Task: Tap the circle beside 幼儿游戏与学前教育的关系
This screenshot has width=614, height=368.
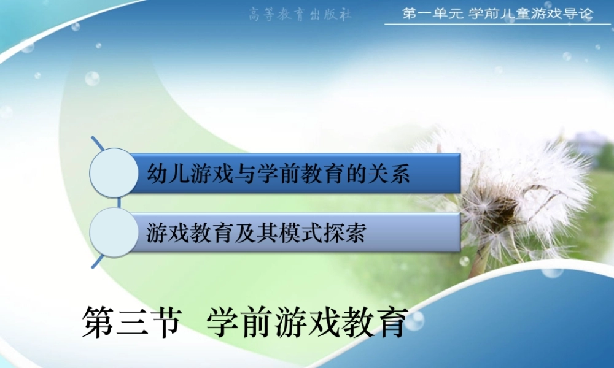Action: [114, 173]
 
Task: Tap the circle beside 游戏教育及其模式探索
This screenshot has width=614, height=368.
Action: [114, 232]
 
